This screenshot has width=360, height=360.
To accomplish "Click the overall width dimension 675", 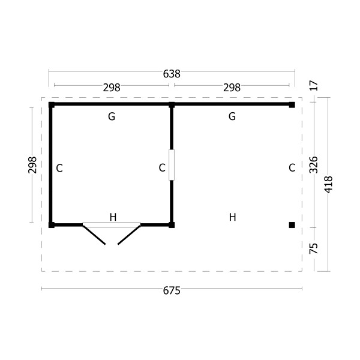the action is coord(172,290).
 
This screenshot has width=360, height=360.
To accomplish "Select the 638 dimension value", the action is coord(172,74).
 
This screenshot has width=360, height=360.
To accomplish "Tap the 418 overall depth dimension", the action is coord(328,185).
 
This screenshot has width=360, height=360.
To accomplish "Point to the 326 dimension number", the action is coord(314,165).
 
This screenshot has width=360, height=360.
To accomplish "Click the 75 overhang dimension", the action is coord(314,248).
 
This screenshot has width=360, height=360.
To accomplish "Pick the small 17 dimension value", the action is coord(314,86).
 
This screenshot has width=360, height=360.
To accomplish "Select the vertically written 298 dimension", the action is coord(32,165).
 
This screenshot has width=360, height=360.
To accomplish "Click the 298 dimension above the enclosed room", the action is coord(112,88).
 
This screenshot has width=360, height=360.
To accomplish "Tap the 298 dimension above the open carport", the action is coord(232,88).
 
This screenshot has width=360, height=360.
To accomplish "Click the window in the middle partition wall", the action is coord(172,165).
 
